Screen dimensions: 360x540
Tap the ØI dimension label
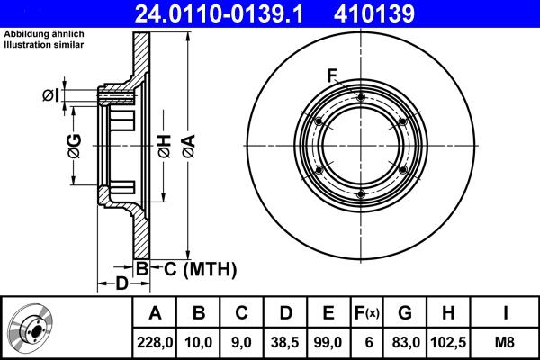[50, 95]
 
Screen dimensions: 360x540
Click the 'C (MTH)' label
[200, 268]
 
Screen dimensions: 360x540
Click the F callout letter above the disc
[332, 75]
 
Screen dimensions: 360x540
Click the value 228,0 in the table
[156, 342]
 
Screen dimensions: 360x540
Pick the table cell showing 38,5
[284, 342]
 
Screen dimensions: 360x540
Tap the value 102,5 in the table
[449, 342]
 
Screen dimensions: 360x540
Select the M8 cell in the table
[506, 342]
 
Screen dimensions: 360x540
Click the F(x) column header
[365, 313]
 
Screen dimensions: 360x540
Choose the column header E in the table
[328, 313]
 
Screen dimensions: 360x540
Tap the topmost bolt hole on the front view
[360, 97]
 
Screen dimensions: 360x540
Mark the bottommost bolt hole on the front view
[360, 193]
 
